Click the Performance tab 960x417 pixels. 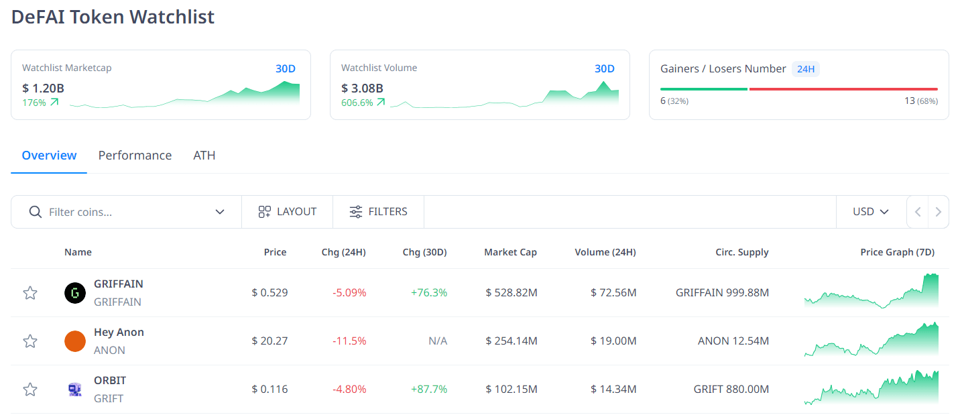135,156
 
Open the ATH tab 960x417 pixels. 204,156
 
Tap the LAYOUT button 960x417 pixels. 287,212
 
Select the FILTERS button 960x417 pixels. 378,212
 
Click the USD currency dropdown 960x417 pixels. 870,212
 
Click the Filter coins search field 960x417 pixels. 127,212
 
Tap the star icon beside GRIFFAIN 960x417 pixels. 30,293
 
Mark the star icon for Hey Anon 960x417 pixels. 30,341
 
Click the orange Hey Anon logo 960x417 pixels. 75,341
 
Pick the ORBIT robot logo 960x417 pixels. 75,390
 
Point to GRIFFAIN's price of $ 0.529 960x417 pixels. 269,293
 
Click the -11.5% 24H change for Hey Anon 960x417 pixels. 349,341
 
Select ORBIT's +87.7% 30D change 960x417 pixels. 428,390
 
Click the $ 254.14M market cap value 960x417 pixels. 512,341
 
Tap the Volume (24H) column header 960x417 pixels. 605,253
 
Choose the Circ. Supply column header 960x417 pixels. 742,253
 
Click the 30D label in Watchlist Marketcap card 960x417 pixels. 286,69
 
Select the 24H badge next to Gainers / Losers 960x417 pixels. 806,69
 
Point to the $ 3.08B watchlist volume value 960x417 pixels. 362,88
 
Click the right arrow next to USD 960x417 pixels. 938,212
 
